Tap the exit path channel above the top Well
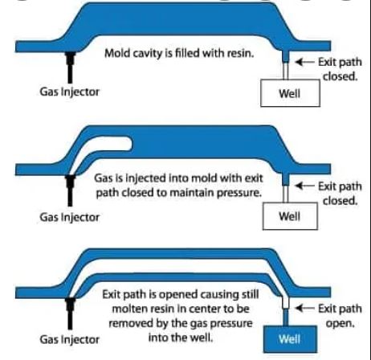click(x=287, y=67)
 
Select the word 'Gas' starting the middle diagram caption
click(x=104, y=179)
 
